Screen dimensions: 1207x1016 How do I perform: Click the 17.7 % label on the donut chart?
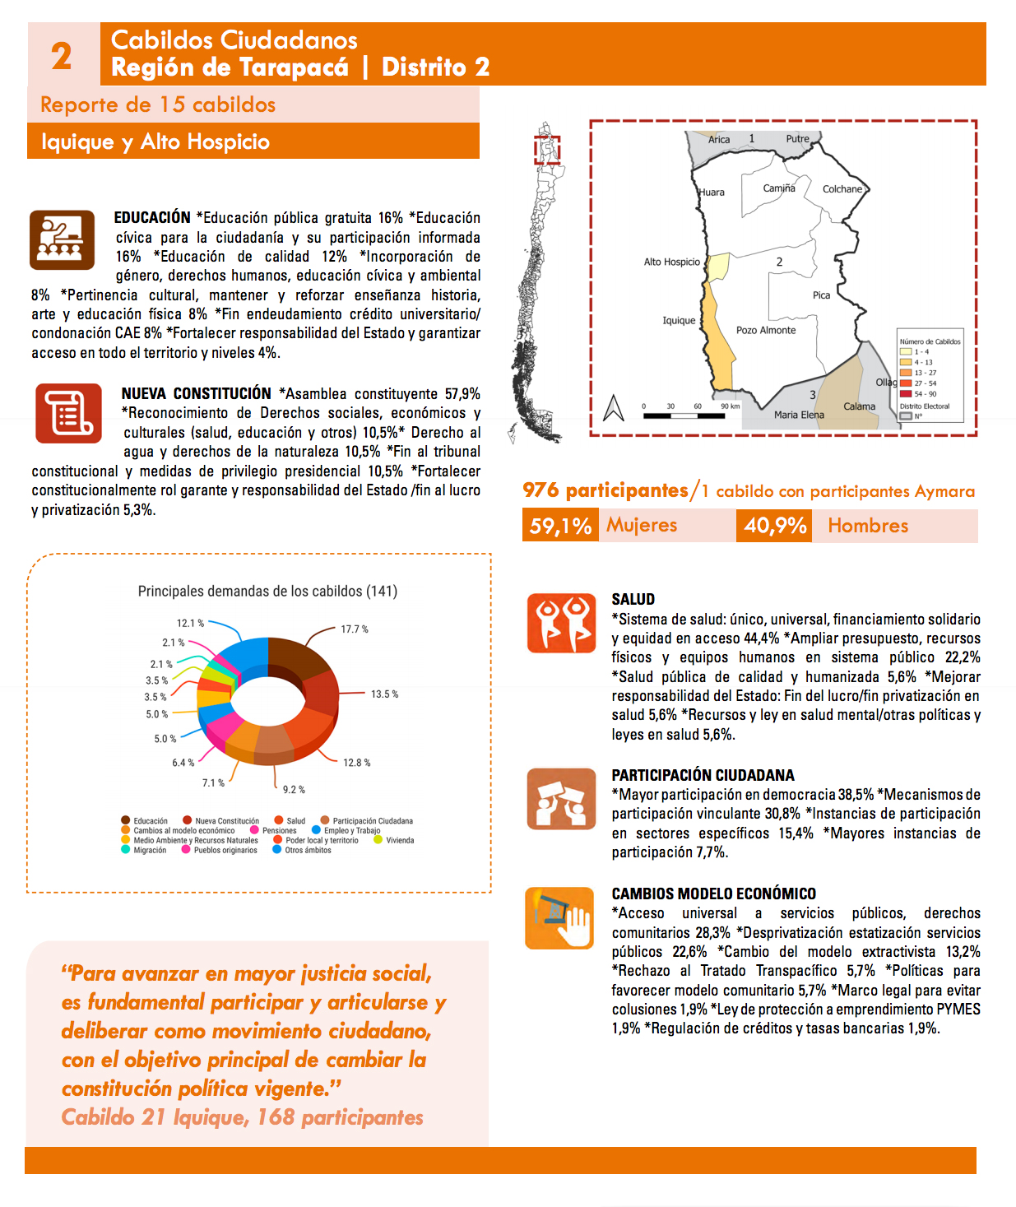[x=355, y=629]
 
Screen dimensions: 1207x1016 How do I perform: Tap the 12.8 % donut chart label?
[x=357, y=763]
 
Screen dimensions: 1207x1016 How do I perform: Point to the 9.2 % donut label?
[x=294, y=790]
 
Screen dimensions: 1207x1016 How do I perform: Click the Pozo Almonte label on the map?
[x=766, y=331]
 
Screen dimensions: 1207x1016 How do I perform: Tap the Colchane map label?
[x=842, y=189]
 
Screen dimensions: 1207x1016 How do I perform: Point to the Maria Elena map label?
[x=799, y=415]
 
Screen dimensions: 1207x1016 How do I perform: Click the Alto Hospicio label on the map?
[x=671, y=262]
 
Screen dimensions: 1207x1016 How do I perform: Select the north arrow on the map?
[x=614, y=408]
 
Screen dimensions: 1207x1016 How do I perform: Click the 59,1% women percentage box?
[x=560, y=526]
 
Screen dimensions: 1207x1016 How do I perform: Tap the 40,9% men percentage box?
[x=775, y=526]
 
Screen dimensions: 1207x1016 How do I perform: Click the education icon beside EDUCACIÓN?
[x=63, y=240]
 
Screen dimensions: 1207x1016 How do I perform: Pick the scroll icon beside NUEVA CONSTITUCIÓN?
[x=68, y=413]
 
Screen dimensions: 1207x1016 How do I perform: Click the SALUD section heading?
[x=633, y=600]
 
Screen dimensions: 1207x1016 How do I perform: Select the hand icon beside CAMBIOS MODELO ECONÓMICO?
[x=559, y=918]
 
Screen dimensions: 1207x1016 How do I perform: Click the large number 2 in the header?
[x=62, y=56]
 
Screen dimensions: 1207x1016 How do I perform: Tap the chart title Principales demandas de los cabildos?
[x=267, y=592]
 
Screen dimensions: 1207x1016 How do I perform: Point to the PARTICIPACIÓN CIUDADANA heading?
[x=703, y=775]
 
